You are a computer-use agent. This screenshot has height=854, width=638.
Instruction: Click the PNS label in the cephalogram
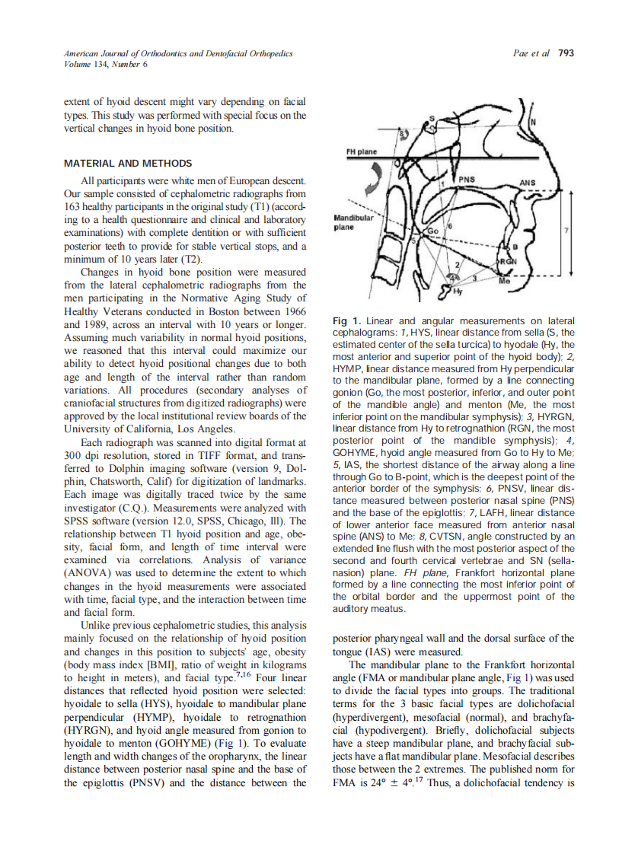coord(466,180)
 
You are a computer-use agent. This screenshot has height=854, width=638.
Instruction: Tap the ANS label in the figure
coord(527,183)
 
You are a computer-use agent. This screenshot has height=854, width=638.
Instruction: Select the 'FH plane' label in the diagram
coord(362,151)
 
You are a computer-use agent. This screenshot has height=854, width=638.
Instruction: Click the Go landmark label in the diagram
coord(432,231)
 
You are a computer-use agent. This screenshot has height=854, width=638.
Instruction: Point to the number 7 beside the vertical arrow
coord(566,229)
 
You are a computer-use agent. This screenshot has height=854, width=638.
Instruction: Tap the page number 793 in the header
coord(566,53)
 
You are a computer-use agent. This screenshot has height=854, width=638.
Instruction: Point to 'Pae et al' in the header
coord(531,53)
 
